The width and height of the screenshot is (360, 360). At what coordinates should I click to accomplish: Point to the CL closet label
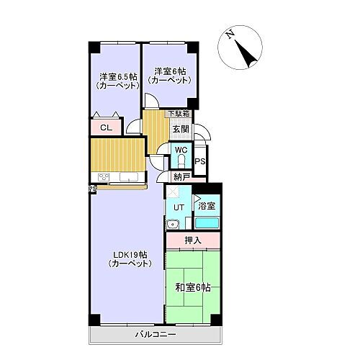click(105, 128)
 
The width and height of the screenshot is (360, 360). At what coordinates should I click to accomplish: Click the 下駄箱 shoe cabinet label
click(179, 114)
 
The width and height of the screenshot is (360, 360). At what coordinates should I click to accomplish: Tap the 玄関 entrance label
click(180, 129)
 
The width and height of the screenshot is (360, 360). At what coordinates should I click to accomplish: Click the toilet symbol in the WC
click(181, 161)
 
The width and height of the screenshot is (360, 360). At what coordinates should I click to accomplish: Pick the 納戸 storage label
click(181, 176)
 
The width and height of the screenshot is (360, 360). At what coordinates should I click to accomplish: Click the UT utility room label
click(179, 207)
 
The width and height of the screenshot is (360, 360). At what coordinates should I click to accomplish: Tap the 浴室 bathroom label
click(207, 207)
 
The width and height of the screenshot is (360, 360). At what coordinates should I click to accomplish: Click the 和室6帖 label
click(192, 288)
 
